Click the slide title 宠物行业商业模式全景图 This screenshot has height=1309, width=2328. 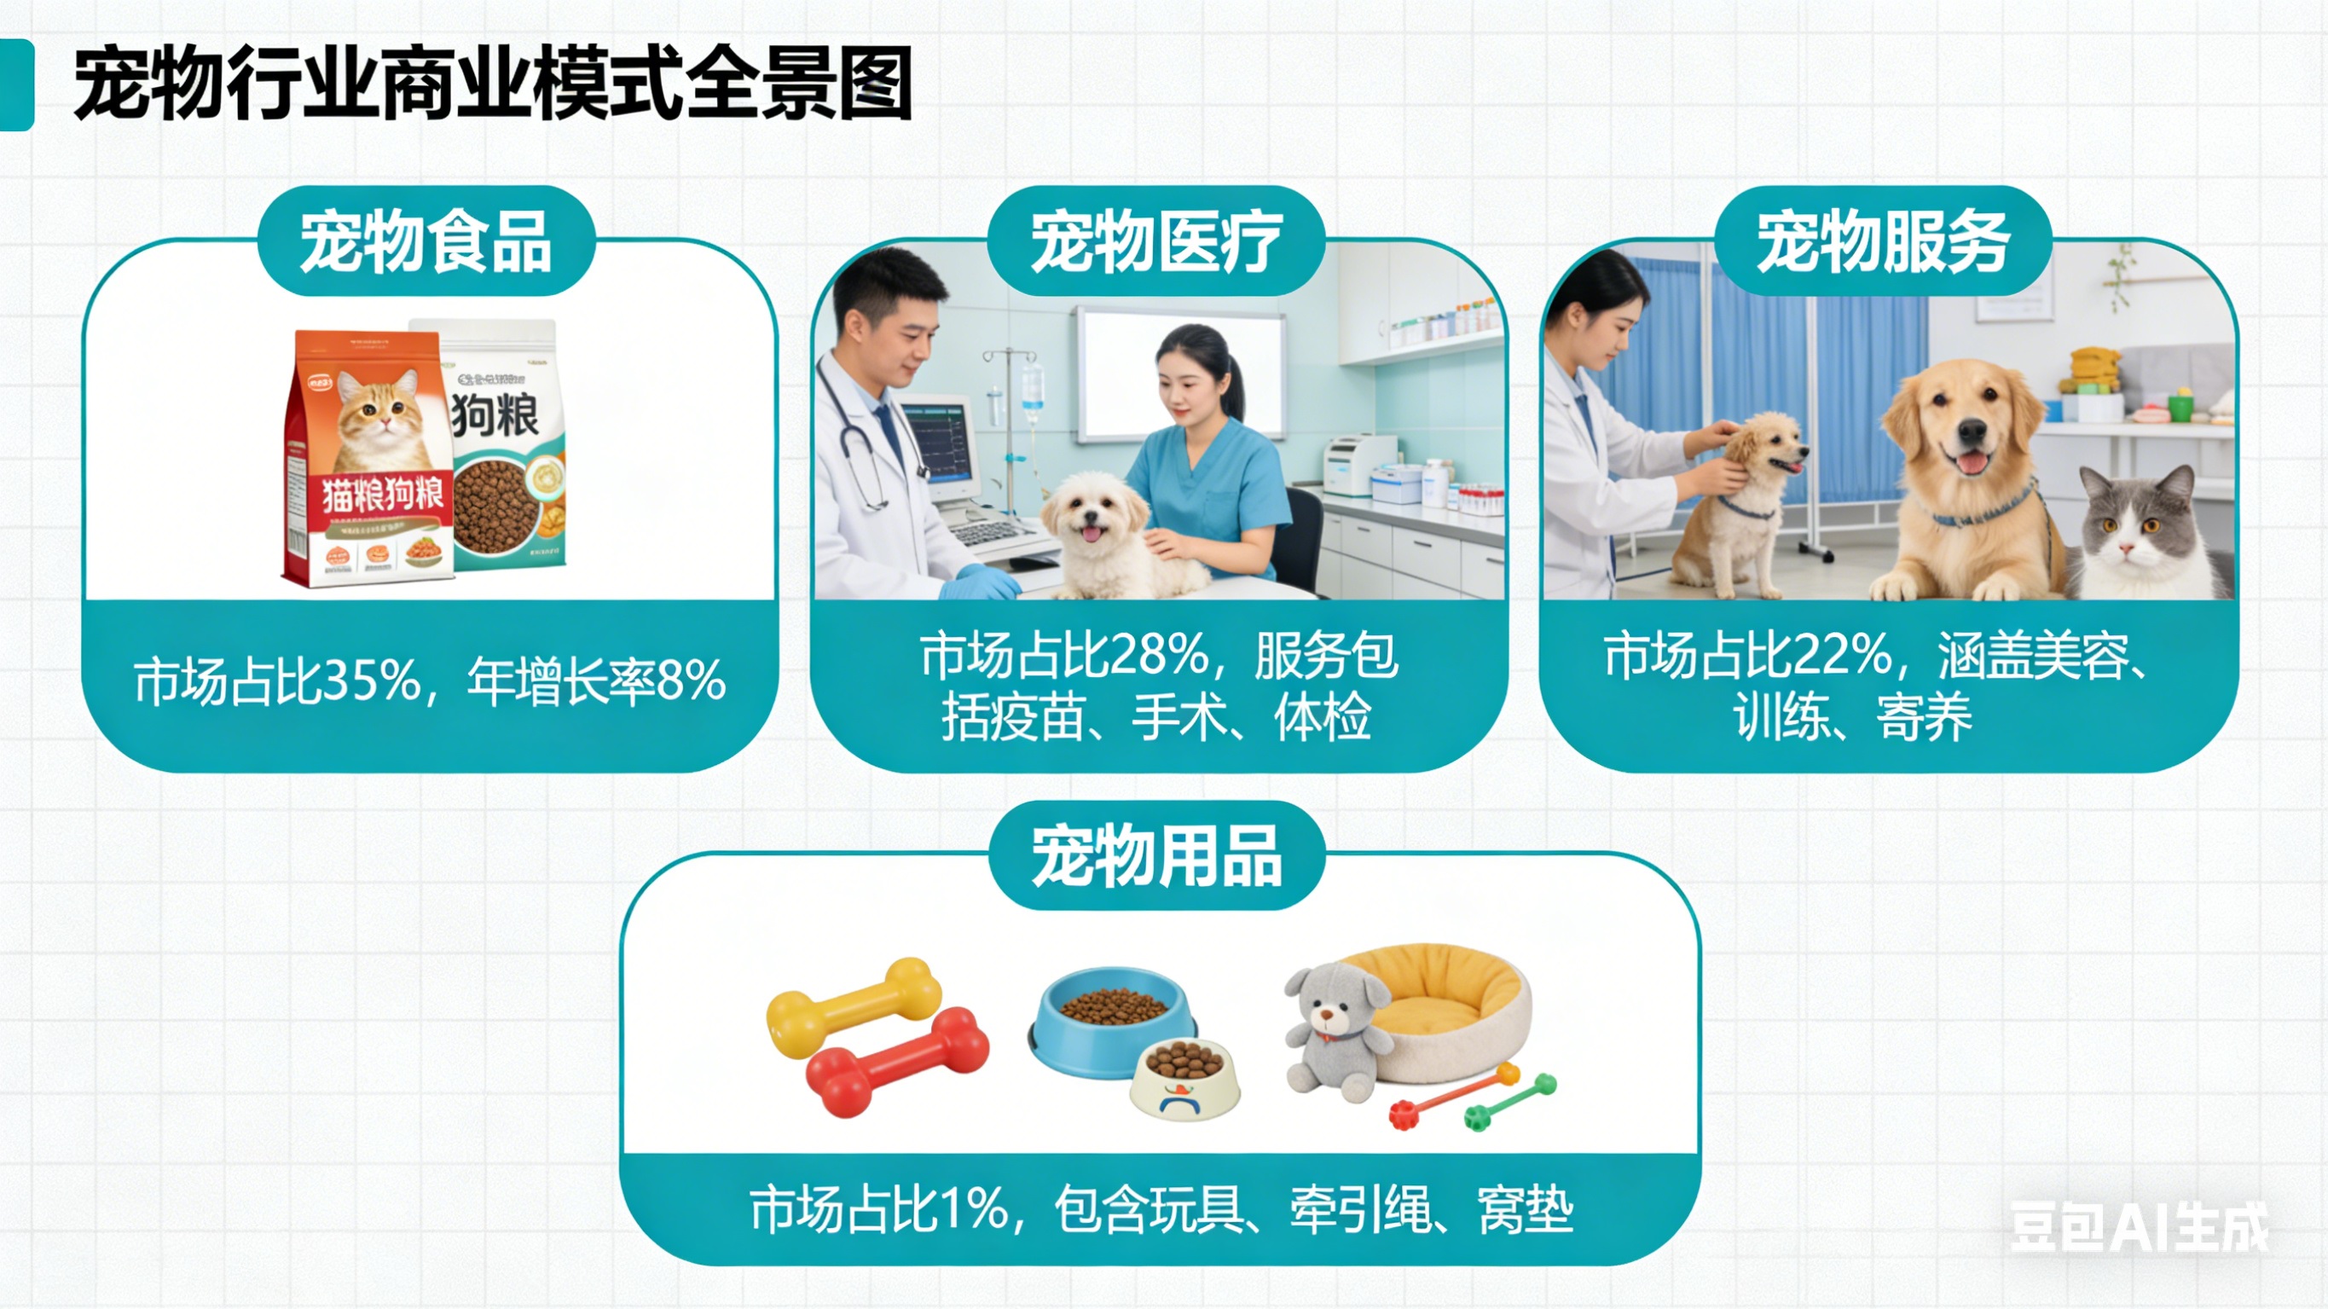(493, 84)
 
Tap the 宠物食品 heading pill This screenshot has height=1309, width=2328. (426, 241)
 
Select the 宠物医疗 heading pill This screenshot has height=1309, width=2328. (1155, 241)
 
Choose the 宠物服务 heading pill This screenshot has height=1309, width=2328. (1884, 241)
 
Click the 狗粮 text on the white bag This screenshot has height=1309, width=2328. (495, 416)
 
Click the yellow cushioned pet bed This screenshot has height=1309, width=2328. (1446, 1004)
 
